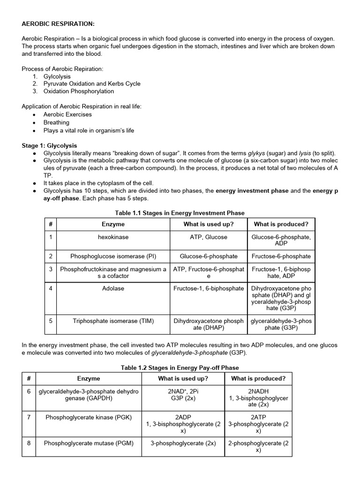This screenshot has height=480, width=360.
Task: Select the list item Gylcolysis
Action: pyautogui.click(x=57, y=76)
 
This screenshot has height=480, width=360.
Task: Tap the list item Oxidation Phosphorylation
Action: pyautogui.click(x=79, y=91)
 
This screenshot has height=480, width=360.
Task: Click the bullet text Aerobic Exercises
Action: pyautogui.click(x=67, y=114)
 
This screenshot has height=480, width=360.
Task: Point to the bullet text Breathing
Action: pyautogui.click(x=56, y=122)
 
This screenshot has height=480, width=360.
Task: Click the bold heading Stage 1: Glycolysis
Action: pyautogui.click(x=50, y=146)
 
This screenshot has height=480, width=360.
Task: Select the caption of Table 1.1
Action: pyautogui.click(x=180, y=213)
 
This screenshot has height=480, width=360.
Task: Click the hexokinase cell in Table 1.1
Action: pyautogui.click(x=113, y=237)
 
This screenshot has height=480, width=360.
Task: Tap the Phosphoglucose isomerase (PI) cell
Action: pyautogui.click(x=113, y=256)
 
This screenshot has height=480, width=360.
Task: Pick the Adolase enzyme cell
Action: pyautogui.click(x=113, y=288)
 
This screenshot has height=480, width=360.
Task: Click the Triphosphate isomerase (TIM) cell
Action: pyautogui.click(x=113, y=321)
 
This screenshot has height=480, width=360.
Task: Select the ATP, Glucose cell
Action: pyautogui.click(x=209, y=237)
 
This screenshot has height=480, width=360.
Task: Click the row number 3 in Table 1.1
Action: pyautogui.click(x=50, y=269)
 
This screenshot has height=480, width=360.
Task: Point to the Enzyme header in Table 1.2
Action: pyautogui.click(x=89, y=378)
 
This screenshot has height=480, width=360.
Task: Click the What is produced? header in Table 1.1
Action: pyautogui.click(x=281, y=224)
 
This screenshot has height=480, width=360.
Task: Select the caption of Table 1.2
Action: pyautogui.click(x=180, y=368)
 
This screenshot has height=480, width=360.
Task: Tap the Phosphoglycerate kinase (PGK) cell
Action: pyautogui.click(x=89, y=417)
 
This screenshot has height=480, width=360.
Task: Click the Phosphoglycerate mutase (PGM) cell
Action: pyautogui.click(x=89, y=443)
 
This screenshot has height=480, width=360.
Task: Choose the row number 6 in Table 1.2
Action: pyautogui.click(x=29, y=391)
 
